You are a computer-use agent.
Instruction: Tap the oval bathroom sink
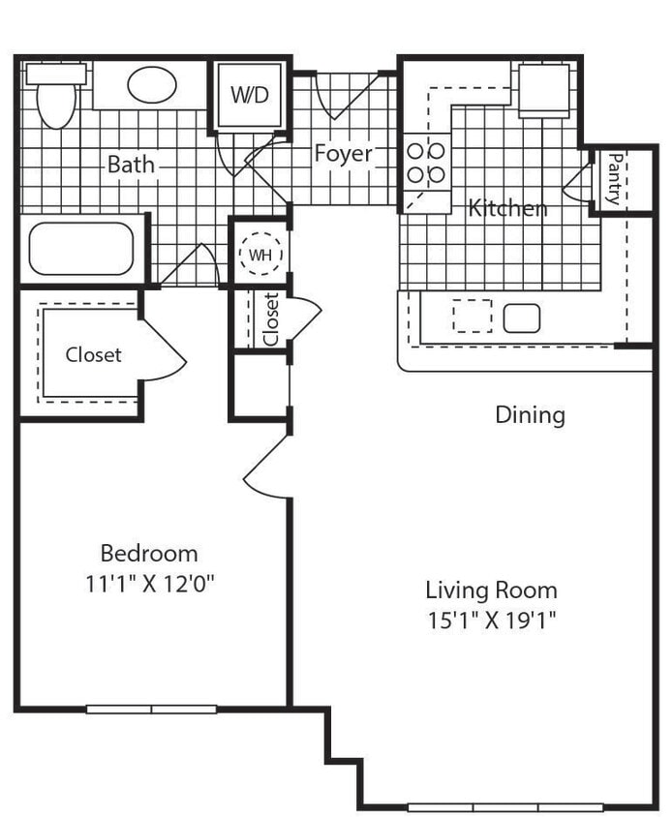(151, 85)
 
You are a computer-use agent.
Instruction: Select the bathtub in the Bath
(80, 249)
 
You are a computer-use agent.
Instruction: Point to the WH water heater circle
(260, 255)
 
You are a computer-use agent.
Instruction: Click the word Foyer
(343, 153)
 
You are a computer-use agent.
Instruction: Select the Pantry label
(612, 180)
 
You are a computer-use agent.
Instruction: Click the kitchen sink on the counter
(521, 318)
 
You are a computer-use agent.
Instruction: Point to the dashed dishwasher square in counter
(473, 317)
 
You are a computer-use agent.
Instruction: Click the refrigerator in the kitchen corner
(543, 91)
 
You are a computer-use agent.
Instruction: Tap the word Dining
(530, 415)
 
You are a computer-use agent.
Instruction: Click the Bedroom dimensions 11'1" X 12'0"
(149, 583)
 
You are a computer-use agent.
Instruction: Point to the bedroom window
(151, 709)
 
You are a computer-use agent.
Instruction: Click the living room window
(504, 806)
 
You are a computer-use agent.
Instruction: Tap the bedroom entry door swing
(266, 469)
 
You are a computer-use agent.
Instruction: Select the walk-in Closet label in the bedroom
(93, 354)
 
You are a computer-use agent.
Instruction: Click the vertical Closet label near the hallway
(271, 319)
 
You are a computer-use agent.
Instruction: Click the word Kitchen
(507, 207)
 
